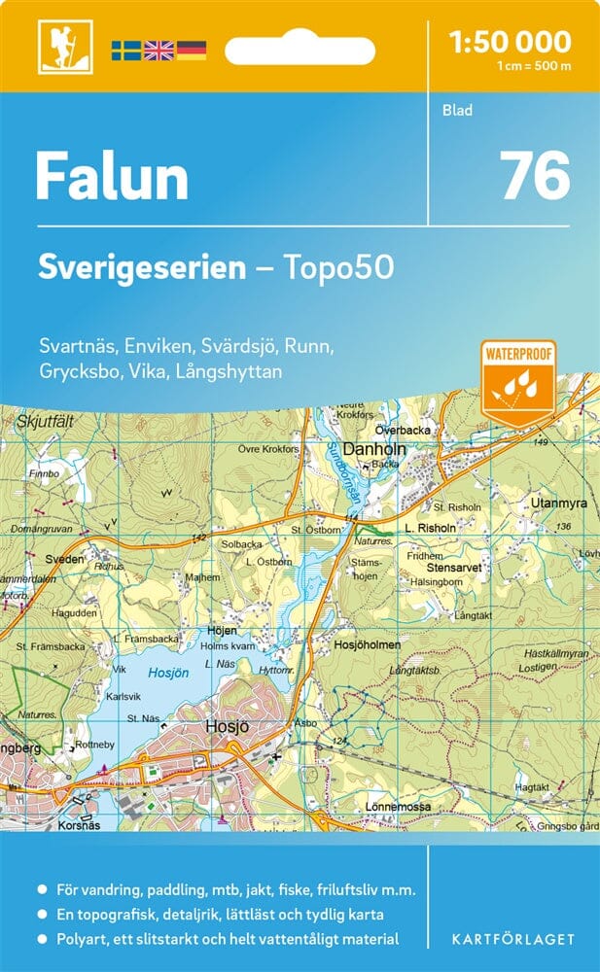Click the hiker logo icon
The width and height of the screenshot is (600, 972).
pos(58,47)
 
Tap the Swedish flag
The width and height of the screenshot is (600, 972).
pos(125,50)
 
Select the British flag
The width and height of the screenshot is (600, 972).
pos(159,50)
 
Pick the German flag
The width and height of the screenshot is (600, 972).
pos(192,50)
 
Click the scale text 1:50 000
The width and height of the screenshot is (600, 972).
pos(510,42)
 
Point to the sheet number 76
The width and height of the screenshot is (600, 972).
pos(534,176)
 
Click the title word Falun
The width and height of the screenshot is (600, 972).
pos(112,178)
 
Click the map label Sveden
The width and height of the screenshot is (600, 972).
pos(65,561)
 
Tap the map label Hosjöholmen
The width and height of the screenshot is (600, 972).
pos(367,643)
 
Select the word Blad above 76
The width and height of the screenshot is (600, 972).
pos(457,110)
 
